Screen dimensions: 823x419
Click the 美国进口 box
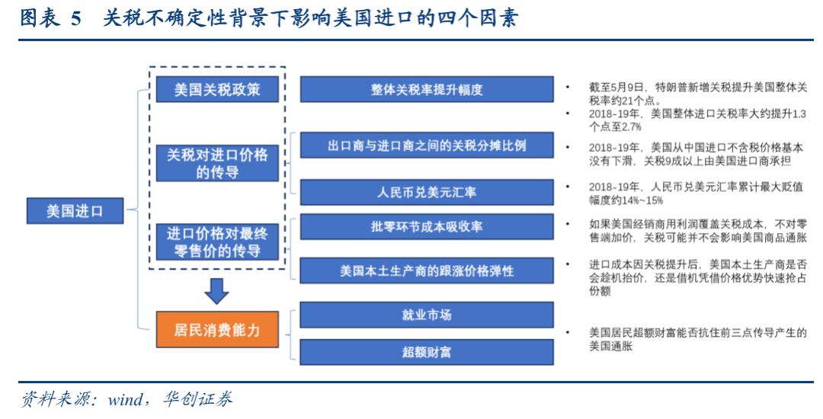pos(75,211)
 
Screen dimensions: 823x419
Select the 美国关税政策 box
pos(217,89)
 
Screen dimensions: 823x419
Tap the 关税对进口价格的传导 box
pos(217,163)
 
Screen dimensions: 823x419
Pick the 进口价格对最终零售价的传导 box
pos(217,241)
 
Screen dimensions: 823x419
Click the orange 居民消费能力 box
pos(217,329)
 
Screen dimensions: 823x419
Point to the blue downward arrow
pos(216,291)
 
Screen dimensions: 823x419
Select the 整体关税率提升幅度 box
pos(427,89)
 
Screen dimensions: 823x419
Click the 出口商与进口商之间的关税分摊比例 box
pos(427,146)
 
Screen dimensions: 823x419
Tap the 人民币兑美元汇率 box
pos(427,192)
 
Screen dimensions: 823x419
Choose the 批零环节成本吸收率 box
pos(427,226)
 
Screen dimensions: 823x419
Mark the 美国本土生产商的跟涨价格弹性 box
pos(427,270)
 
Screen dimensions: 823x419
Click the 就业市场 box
pos(427,315)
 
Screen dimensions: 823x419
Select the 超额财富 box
pos(427,352)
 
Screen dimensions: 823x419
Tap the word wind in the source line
pos(125,400)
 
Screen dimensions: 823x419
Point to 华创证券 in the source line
pos(197,399)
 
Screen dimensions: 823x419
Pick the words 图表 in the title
pos(38,18)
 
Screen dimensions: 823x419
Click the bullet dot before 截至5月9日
pos(568,87)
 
